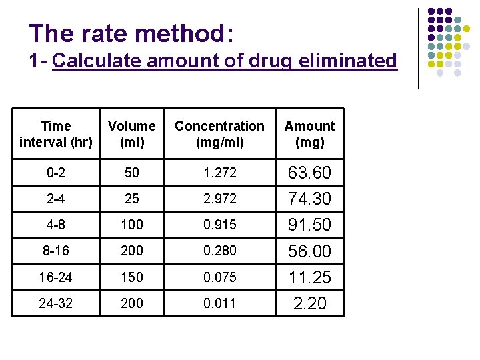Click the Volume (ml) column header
click(132, 133)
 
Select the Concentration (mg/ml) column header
click(219, 133)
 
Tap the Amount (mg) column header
click(310, 133)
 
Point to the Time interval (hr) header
click(56, 133)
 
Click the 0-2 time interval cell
click(56, 173)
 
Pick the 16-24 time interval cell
click(56, 277)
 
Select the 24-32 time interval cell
click(56, 303)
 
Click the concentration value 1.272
click(219, 173)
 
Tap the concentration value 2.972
click(219, 199)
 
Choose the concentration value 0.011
click(219, 303)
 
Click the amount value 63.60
click(310, 173)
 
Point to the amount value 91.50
click(310, 225)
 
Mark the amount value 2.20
click(310, 303)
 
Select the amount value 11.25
click(310, 277)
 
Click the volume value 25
click(132, 199)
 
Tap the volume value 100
click(132, 225)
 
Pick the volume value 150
click(132, 277)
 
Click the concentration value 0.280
click(219, 251)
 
